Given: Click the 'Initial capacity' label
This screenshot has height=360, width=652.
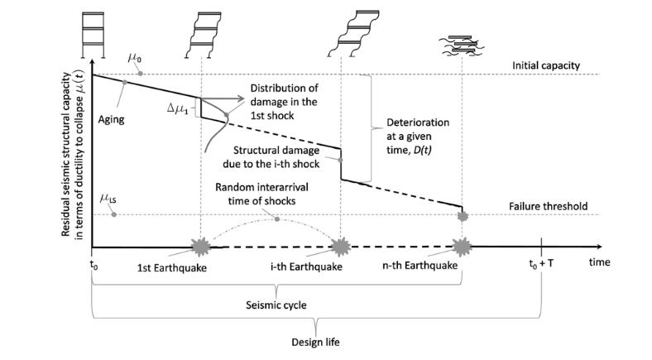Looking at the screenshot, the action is [x=545, y=65].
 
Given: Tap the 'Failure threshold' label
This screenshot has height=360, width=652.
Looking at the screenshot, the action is [x=548, y=206].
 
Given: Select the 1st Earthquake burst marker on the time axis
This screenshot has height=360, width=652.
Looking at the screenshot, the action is [x=201, y=247].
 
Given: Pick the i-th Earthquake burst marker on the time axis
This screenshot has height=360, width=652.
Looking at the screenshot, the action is [x=341, y=247].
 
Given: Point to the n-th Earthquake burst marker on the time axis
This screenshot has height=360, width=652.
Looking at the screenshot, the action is [x=462, y=247].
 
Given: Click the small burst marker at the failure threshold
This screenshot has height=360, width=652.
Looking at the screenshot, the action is [x=463, y=216].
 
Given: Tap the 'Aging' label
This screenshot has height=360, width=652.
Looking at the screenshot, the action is [x=111, y=120].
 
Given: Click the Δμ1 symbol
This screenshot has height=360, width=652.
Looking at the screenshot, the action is [x=178, y=109].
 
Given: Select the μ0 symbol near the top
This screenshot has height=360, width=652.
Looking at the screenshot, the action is [x=134, y=57].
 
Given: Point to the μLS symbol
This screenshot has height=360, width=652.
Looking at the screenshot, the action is [x=108, y=199].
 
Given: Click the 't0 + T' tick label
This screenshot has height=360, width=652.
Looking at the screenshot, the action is [x=541, y=263].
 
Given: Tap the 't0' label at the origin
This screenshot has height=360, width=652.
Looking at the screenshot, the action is [x=94, y=264].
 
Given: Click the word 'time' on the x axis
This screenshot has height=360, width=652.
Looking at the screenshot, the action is [x=599, y=262].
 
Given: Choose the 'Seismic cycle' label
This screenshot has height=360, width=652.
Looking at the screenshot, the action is [x=276, y=305].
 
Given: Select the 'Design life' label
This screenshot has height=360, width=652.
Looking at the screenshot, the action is [x=315, y=342].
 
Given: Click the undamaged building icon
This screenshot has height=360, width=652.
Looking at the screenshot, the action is [x=93, y=35].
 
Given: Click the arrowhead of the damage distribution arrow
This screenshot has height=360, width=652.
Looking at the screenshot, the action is [x=240, y=98].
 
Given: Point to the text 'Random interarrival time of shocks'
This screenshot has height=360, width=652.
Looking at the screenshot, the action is [x=261, y=194].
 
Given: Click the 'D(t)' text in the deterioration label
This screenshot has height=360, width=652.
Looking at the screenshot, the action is [x=423, y=150].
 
